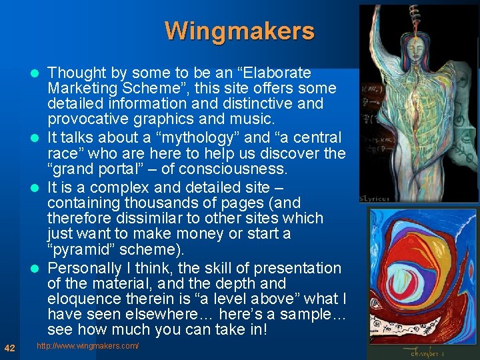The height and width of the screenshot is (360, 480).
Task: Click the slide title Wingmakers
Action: (239, 31)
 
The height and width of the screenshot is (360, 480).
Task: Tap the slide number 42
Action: (10, 347)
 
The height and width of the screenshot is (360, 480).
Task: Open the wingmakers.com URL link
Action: (87, 346)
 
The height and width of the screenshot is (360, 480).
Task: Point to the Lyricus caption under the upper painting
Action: (377, 198)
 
